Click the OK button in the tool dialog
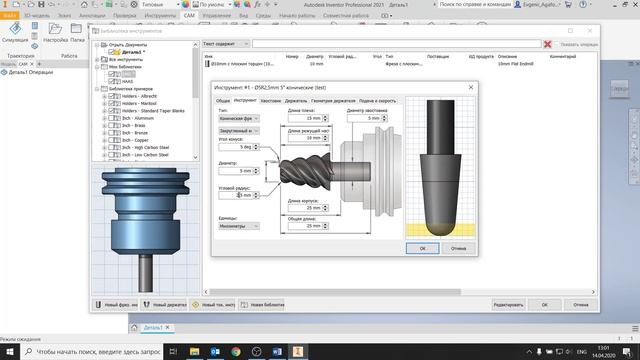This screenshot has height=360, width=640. coord(422,247)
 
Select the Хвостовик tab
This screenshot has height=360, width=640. coord(271,101)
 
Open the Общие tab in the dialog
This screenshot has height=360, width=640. coord(224,101)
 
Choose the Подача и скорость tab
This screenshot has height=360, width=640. coord(379,101)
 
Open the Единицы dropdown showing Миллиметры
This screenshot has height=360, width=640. coord(237,226)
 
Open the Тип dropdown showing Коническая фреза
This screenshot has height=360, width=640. coord(237,118)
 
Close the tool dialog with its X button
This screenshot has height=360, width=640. coord(471,88)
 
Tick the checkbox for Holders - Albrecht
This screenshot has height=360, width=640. coord(111,96)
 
